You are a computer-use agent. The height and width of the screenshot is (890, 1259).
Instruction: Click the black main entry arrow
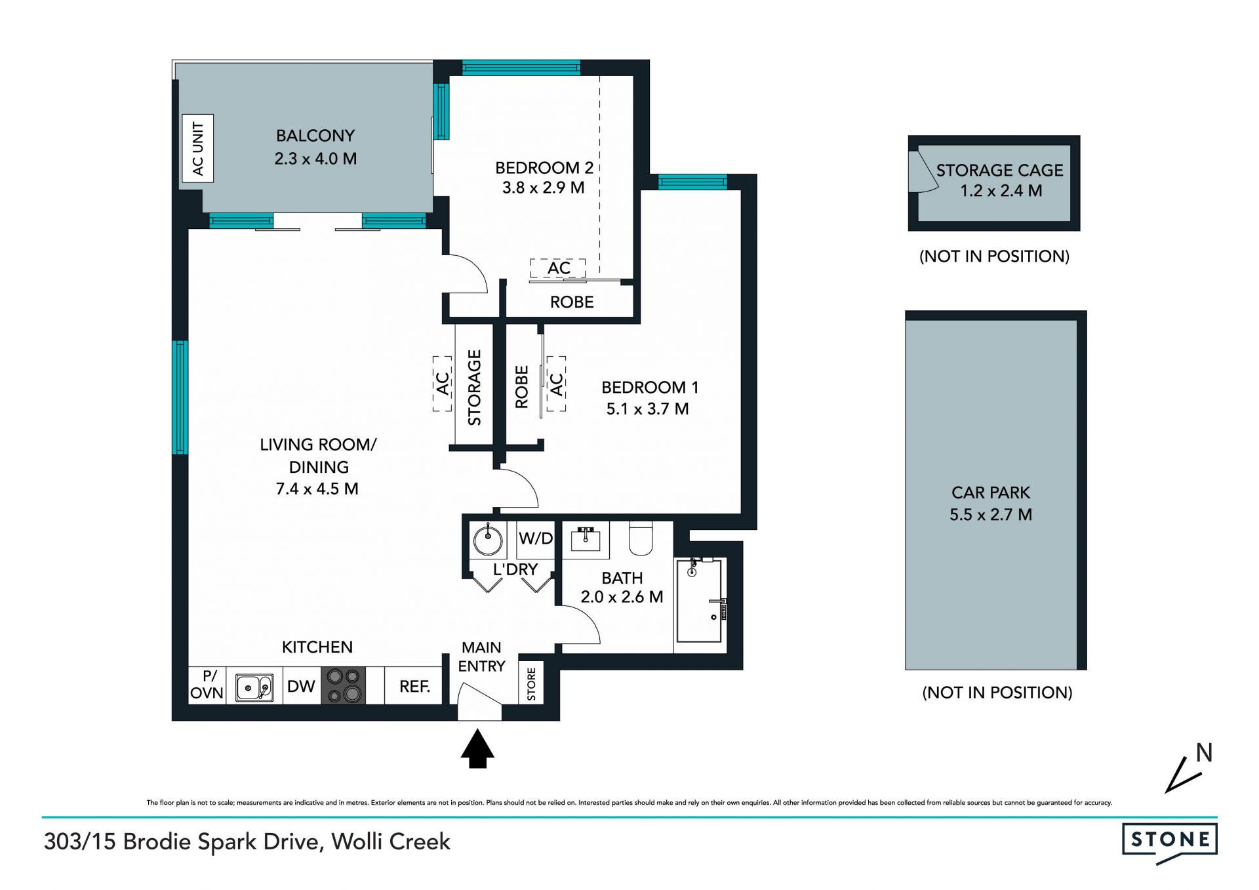477,748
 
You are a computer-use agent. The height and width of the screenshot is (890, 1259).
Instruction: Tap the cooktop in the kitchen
343,686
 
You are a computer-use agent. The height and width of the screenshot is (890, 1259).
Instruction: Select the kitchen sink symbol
254,687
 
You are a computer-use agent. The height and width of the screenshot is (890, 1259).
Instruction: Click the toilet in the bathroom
641,538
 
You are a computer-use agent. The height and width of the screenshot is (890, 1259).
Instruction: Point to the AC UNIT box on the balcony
197,148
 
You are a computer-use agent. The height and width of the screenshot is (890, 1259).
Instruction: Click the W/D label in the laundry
536,538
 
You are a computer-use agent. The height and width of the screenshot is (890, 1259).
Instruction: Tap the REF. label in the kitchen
414,687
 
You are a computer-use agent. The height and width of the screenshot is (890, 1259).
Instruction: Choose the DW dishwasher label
301,687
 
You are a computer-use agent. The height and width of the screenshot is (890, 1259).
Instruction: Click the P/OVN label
207,685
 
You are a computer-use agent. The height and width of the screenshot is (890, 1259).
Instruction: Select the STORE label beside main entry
531,684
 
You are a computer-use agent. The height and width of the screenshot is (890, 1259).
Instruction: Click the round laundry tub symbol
488,540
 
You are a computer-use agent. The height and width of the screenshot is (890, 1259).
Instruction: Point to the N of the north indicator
1204,753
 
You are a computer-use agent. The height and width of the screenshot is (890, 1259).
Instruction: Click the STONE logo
1170,842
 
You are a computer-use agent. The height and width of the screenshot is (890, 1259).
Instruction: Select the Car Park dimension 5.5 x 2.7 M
991,515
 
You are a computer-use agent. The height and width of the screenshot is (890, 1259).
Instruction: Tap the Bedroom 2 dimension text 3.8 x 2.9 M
544,188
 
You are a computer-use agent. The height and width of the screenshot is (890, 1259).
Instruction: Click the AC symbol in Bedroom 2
559,268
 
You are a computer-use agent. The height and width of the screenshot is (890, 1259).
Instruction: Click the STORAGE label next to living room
474,387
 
